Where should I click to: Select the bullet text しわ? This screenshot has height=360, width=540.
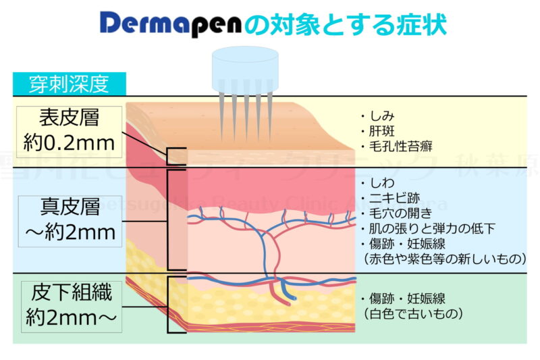379,184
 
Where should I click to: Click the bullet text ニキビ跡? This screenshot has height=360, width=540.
387,199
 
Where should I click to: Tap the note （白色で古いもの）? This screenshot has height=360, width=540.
412,313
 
